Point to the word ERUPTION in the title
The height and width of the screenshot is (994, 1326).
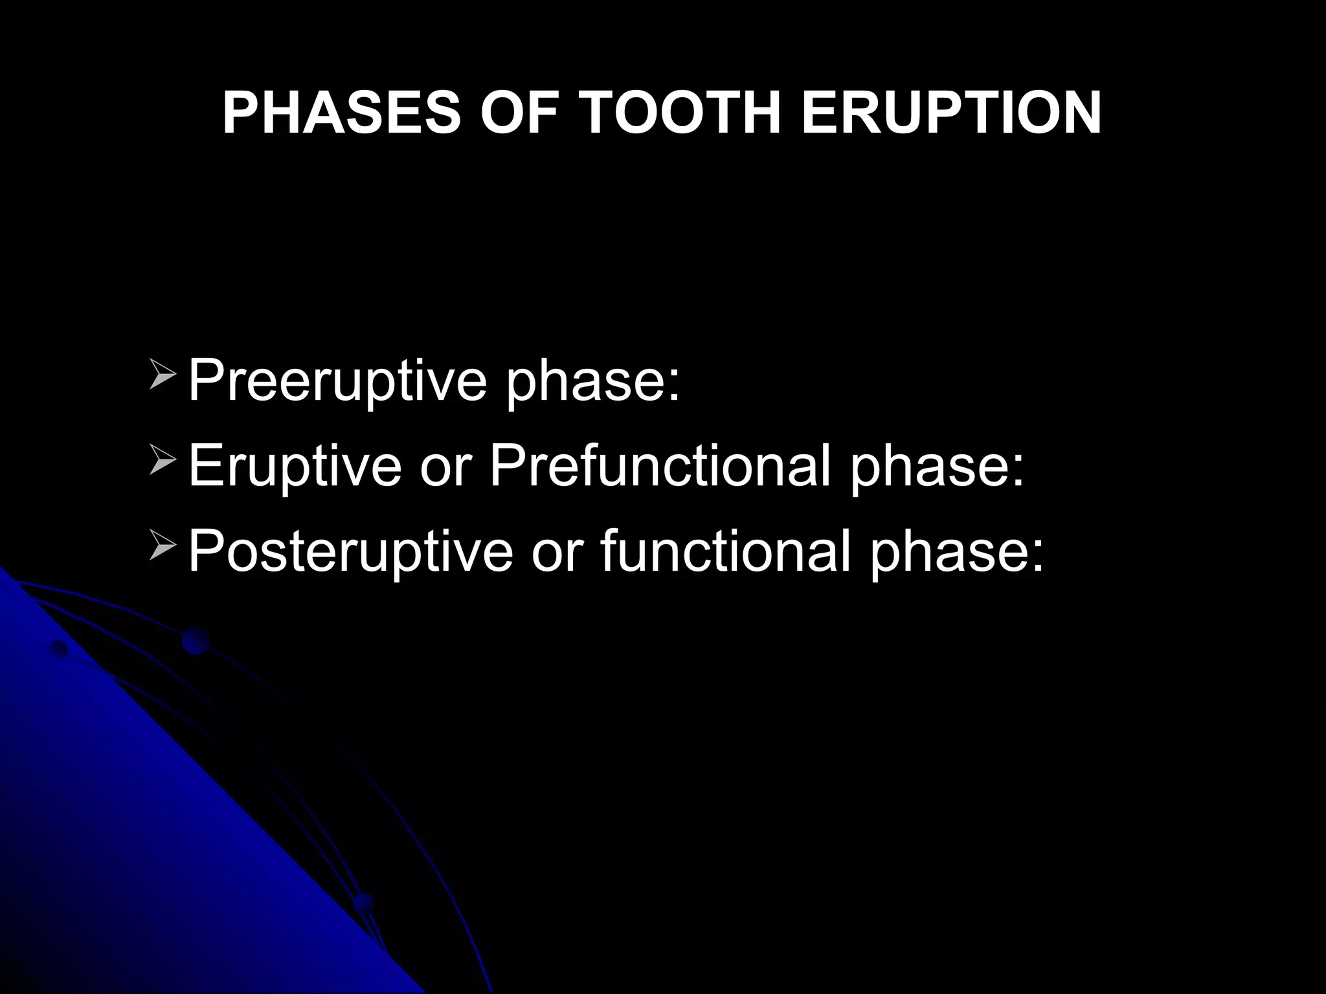click(951, 113)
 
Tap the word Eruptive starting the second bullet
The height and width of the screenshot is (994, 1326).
click(295, 468)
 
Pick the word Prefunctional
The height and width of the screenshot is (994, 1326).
click(660, 468)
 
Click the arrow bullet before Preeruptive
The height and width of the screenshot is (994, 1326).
click(163, 376)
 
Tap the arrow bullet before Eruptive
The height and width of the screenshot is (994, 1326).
click(163, 462)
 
